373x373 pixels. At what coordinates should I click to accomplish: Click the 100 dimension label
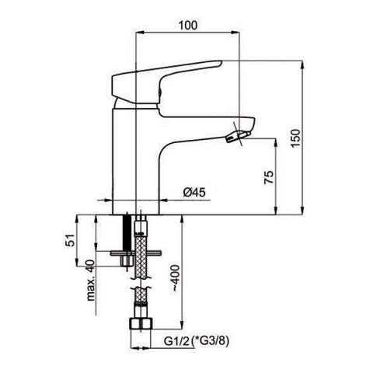pyautogui.click(x=188, y=26)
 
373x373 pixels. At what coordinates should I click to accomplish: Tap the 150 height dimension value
pyautogui.click(x=295, y=138)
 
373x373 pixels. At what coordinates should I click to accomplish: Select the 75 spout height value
pyautogui.click(x=269, y=177)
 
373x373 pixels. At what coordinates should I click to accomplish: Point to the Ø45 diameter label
pyautogui.click(x=194, y=193)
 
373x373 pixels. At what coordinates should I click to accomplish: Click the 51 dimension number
pyautogui.click(x=70, y=240)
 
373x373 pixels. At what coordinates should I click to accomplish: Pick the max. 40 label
pyautogui.click(x=91, y=281)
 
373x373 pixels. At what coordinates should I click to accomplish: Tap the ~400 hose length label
pyautogui.click(x=176, y=278)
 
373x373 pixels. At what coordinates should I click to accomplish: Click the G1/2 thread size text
pyautogui.click(x=177, y=341)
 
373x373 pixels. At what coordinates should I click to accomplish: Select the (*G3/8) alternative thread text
pyautogui.click(x=211, y=341)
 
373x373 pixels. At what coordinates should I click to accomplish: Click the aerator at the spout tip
pyautogui.click(x=238, y=136)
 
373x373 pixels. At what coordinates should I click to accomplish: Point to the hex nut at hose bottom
pyautogui.click(x=141, y=325)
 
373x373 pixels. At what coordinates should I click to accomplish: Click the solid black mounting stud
pyautogui.click(x=127, y=232)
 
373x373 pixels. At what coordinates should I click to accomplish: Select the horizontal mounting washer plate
pyautogui.click(x=135, y=253)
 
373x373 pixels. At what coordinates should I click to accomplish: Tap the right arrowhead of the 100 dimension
pyautogui.click(x=235, y=33)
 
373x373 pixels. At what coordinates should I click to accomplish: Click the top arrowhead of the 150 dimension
pyautogui.click(x=302, y=64)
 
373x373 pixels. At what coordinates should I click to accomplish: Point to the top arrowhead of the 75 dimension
pyautogui.click(x=276, y=142)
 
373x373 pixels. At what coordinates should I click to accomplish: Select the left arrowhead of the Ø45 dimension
pyautogui.click(x=109, y=200)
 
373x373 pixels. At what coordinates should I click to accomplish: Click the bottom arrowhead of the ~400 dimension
pyautogui.click(x=183, y=325)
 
